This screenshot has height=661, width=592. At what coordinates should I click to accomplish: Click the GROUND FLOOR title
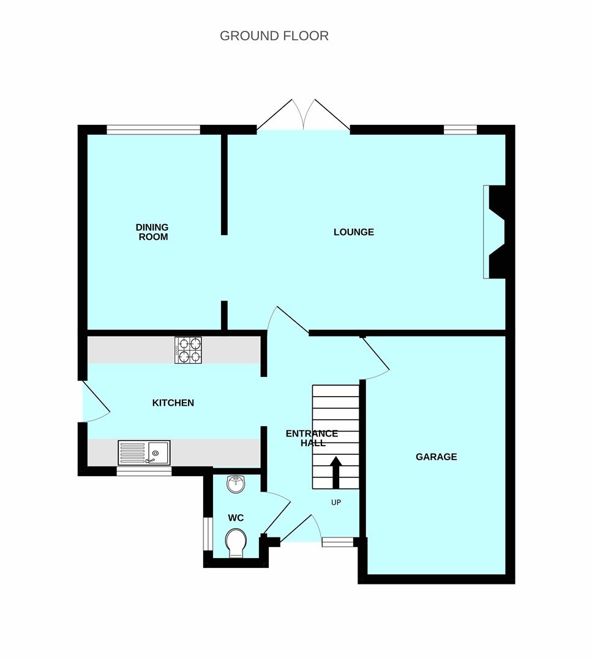tap(274, 36)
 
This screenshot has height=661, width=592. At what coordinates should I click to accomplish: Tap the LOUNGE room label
tap(354, 232)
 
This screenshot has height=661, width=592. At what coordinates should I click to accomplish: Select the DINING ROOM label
tap(152, 233)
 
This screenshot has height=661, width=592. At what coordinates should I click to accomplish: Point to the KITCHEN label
tap(173, 403)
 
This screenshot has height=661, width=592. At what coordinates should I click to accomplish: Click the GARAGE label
tap(437, 457)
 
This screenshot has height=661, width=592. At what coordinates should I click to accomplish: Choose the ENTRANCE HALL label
tap(312, 438)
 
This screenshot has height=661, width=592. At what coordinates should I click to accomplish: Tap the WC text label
tap(236, 518)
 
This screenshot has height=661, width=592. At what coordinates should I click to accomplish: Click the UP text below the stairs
tap(336, 502)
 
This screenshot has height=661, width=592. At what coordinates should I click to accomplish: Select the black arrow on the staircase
tap(336, 472)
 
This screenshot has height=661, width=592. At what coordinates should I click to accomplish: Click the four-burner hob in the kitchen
tap(188, 350)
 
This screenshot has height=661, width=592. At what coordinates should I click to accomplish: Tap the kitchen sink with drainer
tap(144, 452)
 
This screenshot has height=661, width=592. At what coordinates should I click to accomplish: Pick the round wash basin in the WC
tap(236, 484)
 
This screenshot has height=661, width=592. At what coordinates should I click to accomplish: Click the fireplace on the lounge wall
tap(494, 232)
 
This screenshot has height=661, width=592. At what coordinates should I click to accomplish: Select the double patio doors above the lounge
tap(303, 114)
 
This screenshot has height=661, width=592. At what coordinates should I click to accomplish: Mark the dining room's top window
tap(153, 130)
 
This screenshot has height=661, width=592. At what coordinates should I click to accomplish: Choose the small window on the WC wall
tap(208, 534)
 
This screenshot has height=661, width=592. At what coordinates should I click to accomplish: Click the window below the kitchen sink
tap(144, 471)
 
